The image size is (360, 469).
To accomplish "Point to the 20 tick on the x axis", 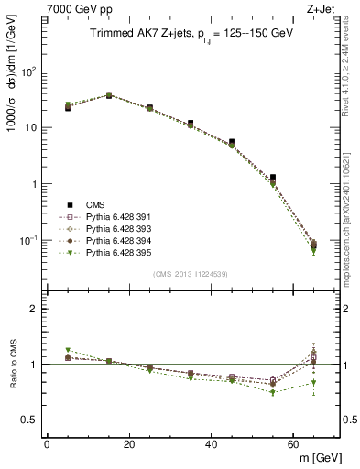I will pos(129,443).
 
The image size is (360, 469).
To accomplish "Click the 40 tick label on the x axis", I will pos(212,443).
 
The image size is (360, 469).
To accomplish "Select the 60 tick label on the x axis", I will pos(294,443).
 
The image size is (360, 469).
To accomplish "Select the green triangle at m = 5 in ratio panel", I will pos(68,350).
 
